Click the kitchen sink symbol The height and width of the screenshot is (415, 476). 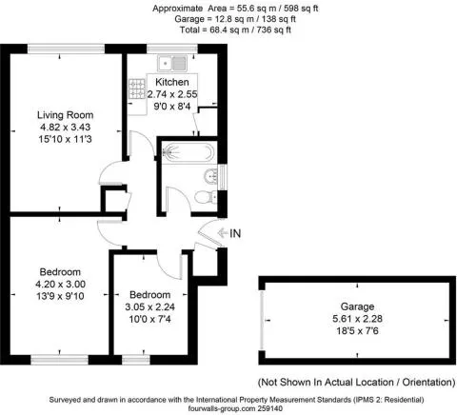tap(172, 63)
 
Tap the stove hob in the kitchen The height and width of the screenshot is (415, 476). tap(137, 89)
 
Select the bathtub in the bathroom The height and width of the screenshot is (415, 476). tap(188, 152)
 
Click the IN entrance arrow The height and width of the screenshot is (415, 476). tap(221, 233)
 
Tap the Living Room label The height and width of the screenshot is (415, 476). tap(65, 115)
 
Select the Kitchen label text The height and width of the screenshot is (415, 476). tap(172, 82)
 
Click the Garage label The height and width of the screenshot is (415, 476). tap(357, 306)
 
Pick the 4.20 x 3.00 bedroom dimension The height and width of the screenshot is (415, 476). tap(60, 284)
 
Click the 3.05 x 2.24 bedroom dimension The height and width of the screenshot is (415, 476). tap(149, 306)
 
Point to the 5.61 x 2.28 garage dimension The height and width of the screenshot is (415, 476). tap(357, 319)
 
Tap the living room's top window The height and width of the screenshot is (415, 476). tap(66, 49)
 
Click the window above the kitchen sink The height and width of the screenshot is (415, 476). tap(172, 49)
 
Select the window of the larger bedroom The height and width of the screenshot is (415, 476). tap(59, 360)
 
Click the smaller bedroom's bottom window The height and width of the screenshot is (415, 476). tap(136, 360)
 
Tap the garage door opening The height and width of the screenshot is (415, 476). tap(262, 320)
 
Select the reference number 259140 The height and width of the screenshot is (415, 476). tap(269, 408)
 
